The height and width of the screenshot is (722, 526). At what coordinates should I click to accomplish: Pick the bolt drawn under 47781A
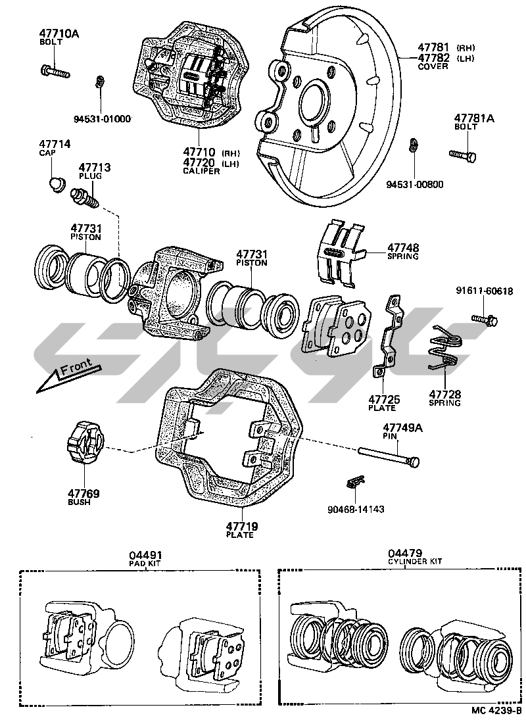point(464,155)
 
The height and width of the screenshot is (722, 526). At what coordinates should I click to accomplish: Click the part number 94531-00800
point(414,184)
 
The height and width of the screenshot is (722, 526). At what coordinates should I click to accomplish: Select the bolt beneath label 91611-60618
point(485,320)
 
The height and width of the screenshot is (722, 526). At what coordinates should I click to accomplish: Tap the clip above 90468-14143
point(355,483)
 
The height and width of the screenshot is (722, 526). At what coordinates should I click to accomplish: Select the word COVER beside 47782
point(433,66)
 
